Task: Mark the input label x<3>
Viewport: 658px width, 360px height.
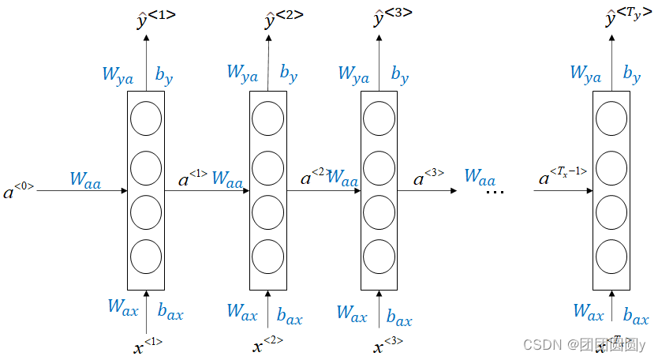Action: (388, 345)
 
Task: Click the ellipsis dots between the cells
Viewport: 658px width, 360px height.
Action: (495, 192)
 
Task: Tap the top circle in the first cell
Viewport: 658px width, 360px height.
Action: (146, 119)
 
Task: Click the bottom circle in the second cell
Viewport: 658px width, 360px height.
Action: (267, 256)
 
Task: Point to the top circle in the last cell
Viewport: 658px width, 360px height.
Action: (611, 119)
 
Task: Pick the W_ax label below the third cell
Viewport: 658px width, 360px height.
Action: (352, 312)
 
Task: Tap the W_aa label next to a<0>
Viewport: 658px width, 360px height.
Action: (84, 179)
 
